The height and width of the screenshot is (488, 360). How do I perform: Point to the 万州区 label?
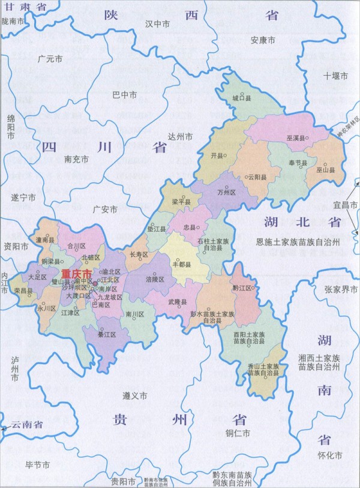point(227,192)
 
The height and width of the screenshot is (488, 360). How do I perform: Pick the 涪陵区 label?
point(155,279)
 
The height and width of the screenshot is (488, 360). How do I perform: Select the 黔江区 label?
point(242,288)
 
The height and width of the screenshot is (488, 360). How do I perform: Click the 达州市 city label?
point(180,137)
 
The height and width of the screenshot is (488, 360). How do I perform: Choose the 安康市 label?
point(263,40)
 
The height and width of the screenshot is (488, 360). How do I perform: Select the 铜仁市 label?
point(238,433)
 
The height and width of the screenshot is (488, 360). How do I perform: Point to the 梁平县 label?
point(181,202)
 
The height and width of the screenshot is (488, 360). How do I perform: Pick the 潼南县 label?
point(46,239)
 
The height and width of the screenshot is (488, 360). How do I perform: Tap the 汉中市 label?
point(157,23)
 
